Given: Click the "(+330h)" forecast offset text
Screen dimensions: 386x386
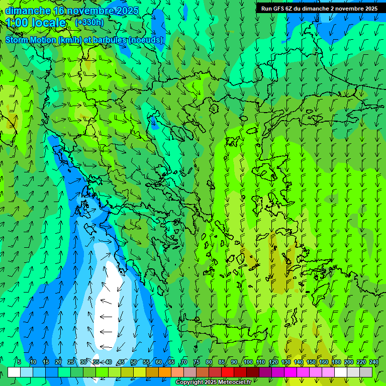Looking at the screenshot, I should tap(89, 23).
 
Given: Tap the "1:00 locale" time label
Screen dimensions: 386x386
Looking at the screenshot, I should tap(36, 23).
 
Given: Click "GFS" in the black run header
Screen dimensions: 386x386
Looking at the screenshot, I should tap(278, 9).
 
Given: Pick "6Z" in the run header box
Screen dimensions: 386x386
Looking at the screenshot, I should tap(289, 9).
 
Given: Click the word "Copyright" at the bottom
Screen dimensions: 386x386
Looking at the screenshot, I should tap(189, 382).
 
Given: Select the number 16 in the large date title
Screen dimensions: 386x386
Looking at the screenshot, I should tap(59, 11).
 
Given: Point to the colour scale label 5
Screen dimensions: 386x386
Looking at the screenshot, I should tap(19, 362).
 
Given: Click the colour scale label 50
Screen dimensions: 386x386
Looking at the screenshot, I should tap(134, 362).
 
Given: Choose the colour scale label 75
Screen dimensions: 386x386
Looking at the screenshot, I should tap(197, 362).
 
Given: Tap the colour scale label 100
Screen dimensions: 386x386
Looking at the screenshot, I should tap(248, 362).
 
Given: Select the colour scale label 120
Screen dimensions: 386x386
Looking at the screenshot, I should tap(273, 362).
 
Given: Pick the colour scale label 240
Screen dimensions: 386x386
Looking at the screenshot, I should tap(373, 362).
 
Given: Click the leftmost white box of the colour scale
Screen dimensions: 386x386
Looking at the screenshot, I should tap(14, 372).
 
